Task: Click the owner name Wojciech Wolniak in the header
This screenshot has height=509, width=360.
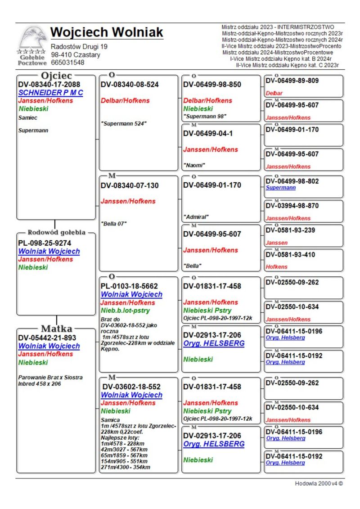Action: (107, 32)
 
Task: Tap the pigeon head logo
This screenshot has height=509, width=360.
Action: (32, 38)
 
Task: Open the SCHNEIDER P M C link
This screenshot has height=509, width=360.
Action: (51, 93)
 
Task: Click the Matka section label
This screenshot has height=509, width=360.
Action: (57, 328)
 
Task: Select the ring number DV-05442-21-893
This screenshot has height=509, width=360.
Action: (47, 338)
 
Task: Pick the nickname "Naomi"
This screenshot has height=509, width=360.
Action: (194, 165)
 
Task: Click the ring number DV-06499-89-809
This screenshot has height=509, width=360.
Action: (292, 81)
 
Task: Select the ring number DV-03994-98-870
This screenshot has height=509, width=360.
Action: (292, 206)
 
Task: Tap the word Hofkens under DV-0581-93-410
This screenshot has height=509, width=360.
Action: (277, 267)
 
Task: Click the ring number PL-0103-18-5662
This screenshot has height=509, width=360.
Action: (129, 286)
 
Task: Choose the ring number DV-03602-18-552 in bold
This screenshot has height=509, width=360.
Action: (131, 387)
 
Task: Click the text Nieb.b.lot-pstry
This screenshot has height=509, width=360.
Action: (125, 311)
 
